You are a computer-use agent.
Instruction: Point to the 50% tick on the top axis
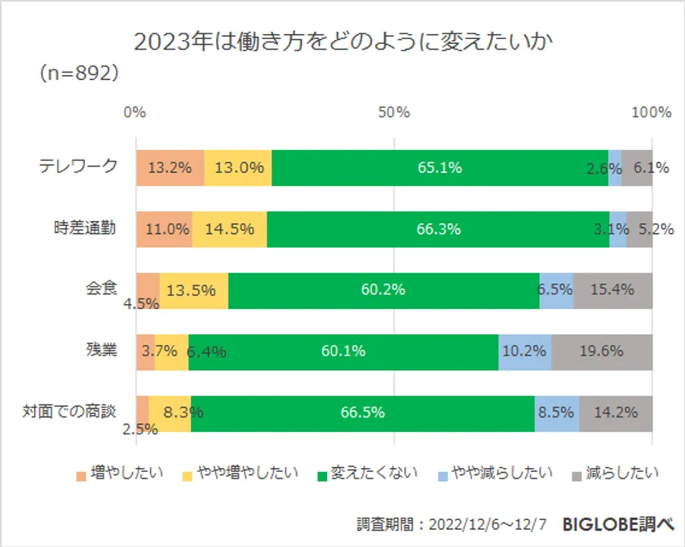click(x=393, y=112)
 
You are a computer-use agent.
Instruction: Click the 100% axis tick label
click(x=651, y=112)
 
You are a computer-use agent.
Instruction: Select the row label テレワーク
click(x=78, y=167)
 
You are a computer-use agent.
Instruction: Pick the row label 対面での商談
click(x=70, y=412)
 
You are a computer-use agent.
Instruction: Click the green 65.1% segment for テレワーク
click(x=440, y=168)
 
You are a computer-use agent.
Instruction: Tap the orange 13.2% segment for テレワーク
click(x=170, y=168)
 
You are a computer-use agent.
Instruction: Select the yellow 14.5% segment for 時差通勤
click(x=229, y=229)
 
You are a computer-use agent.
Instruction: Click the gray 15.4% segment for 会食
click(x=612, y=290)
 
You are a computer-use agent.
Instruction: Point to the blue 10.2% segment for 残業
click(x=524, y=351)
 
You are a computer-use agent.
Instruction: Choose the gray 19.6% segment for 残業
click(x=602, y=351)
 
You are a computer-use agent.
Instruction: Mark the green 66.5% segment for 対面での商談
click(x=362, y=412)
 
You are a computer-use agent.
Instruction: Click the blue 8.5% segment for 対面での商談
click(x=556, y=412)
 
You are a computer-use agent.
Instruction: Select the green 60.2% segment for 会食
click(x=383, y=290)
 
